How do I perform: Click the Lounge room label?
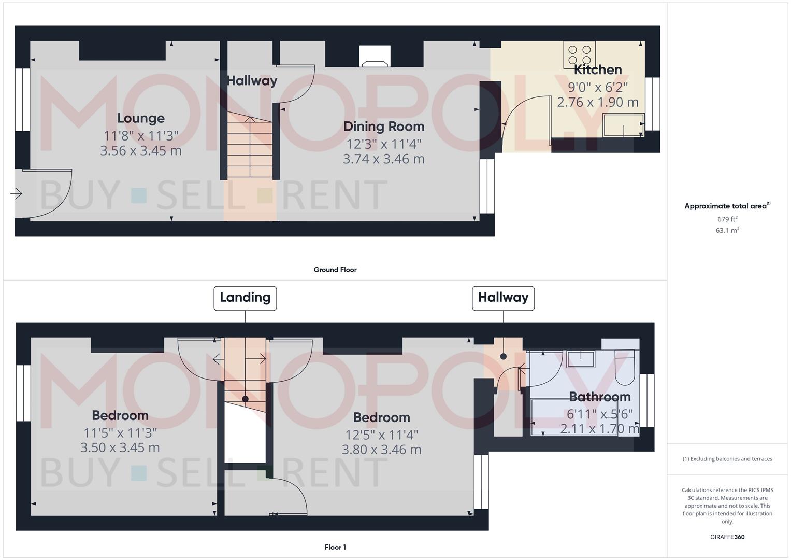(140, 118)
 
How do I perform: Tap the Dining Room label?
(384, 127)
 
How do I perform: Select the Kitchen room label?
(598, 69)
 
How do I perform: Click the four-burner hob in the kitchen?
(580, 54)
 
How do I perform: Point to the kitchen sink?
(623, 125)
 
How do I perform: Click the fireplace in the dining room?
(376, 57)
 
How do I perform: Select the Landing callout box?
(245, 298)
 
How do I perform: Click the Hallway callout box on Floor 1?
(503, 298)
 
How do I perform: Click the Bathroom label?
(599, 397)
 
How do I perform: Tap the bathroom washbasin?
(580, 358)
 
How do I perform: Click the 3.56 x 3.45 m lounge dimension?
(141, 151)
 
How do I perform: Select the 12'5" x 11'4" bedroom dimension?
(382, 435)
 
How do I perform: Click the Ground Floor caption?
(335, 270)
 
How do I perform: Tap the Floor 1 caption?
(335, 547)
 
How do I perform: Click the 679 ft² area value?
(727, 219)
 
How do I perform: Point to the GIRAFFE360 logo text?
(727, 537)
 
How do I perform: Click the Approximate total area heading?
(727, 206)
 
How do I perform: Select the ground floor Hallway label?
(252, 81)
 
